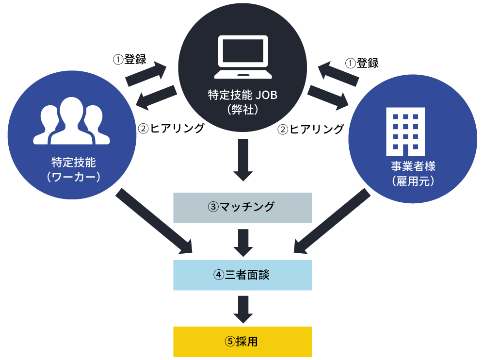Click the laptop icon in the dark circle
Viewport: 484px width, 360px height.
click(242, 57)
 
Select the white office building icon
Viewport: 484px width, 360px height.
click(405, 129)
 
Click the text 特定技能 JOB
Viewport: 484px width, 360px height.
click(242, 95)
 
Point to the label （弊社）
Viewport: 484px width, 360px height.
click(242, 110)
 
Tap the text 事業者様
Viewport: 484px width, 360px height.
click(413, 166)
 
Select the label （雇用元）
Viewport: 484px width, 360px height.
click(413, 181)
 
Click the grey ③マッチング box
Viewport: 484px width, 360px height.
click(242, 207)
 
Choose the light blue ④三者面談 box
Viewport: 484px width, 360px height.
click(242, 275)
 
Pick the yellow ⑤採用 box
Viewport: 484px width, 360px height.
click(242, 342)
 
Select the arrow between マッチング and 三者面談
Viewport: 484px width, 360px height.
click(243, 242)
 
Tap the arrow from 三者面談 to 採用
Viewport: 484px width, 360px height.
click(243, 309)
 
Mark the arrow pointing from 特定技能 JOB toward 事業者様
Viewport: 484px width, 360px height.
click(328, 96)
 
